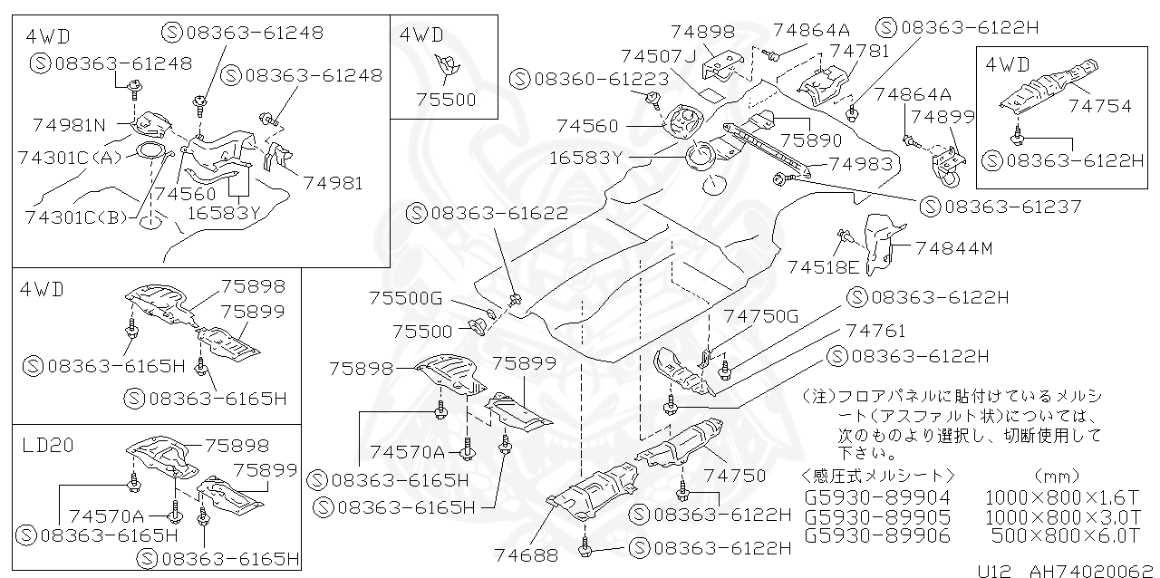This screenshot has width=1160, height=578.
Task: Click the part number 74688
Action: pos(527,554)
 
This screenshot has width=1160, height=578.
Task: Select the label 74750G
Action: pos(760,315)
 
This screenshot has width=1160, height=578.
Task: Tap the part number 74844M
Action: pos(953,246)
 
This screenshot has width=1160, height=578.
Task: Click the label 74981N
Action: pos(69,124)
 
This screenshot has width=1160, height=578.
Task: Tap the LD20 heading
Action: pos(50,445)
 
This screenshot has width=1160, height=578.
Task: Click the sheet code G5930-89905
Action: pos(876,516)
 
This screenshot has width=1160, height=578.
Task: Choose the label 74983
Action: pos(861,164)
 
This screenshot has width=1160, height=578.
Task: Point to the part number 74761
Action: pos(875,331)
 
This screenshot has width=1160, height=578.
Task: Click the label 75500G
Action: pos(405,297)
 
